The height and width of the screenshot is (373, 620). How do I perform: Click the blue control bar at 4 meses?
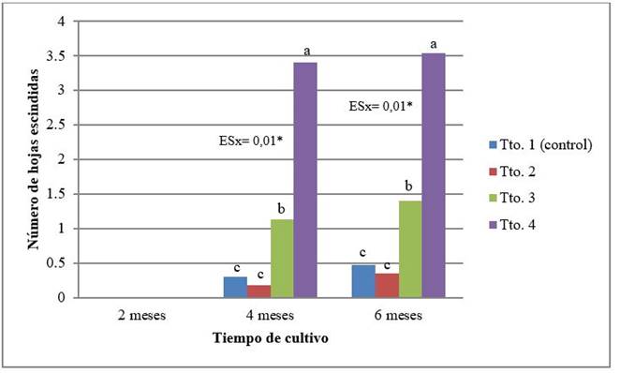[234, 288]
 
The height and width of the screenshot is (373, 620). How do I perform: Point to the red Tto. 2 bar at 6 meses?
[385, 286]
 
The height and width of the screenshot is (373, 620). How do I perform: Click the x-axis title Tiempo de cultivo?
[270, 337]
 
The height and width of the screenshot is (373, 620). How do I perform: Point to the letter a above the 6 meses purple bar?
[434, 43]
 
